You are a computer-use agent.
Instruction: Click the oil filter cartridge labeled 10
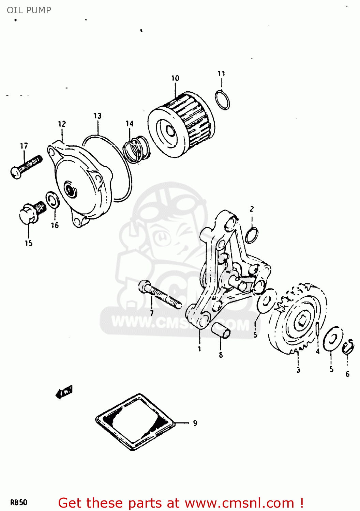point(182,125)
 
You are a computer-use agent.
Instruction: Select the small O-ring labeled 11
point(222,100)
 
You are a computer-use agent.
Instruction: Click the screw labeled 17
point(26,166)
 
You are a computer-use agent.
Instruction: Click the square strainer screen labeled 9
point(135,422)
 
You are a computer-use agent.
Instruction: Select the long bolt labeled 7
point(160,294)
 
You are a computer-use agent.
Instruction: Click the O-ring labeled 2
point(252,235)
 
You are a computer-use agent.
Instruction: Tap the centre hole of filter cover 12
point(70,189)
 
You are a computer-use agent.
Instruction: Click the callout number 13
point(97,116)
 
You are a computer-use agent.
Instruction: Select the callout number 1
point(199,349)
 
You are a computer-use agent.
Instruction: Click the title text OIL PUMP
point(29,10)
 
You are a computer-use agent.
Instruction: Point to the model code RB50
point(19,502)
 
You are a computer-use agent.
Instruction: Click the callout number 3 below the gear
point(298,370)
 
